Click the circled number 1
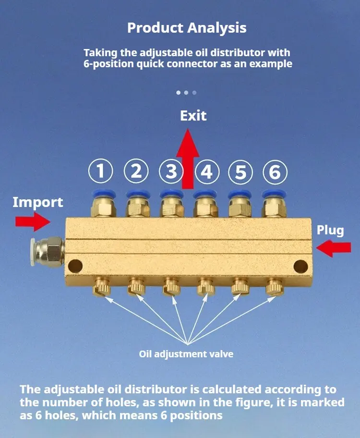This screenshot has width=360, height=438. (x=100, y=171)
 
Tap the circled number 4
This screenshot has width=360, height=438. (x=207, y=171)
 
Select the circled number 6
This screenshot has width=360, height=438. (x=275, y=172)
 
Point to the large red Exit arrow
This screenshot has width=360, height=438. (x=188, y=158)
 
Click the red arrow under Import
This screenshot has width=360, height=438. (x=33, y=222)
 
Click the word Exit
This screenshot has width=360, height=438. (x=193, y=116)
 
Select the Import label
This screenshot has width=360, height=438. (x=38, y=202)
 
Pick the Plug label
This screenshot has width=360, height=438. (x=330, y=231)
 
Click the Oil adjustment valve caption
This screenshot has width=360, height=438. (x=186, y=354)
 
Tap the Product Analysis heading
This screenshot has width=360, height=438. (x=187, y=28)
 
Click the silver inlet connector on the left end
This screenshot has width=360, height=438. (x=48, y=252)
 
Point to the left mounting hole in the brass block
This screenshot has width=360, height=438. (x=75, y=266)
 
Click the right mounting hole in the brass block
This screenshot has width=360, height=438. (x=301, y=267)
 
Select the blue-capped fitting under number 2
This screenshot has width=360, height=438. (x=138, y=203)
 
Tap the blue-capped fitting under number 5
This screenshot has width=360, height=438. (x=240, y=204)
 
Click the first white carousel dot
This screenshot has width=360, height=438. (x=179, y=93)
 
